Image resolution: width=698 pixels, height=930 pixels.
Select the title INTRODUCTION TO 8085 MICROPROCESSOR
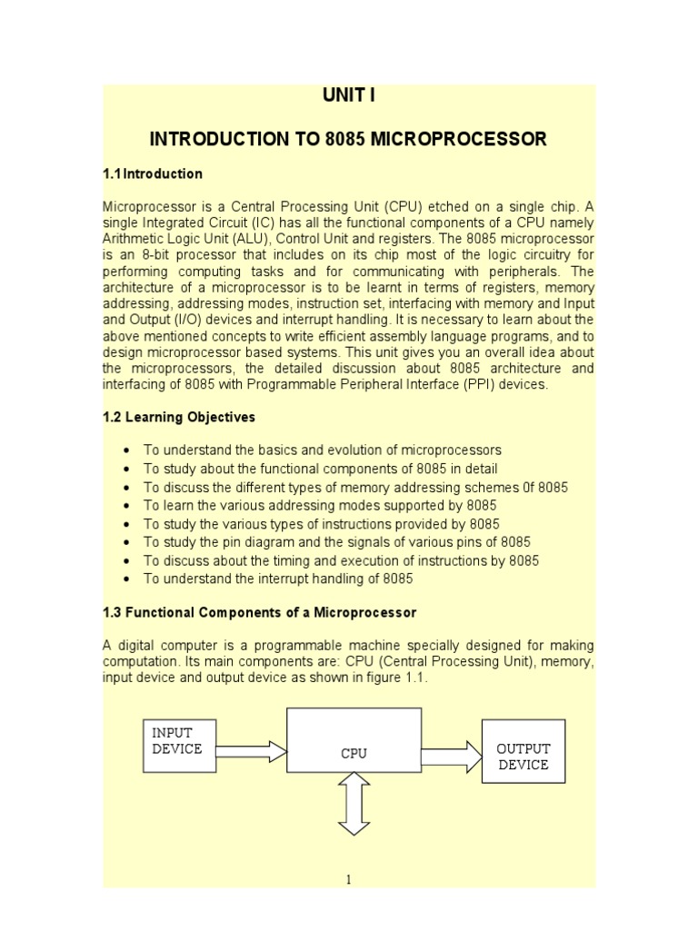point(348,139)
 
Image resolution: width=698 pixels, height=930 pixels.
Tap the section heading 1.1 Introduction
point(153,173)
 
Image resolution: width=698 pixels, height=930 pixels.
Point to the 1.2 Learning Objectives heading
point(179,418)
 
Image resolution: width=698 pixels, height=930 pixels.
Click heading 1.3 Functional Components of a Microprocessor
point(260,613)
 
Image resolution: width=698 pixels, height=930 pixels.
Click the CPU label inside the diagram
point(354,753)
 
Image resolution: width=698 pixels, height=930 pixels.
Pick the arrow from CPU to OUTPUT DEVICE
point(451,755)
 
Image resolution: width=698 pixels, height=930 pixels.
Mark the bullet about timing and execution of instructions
point(341,560)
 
